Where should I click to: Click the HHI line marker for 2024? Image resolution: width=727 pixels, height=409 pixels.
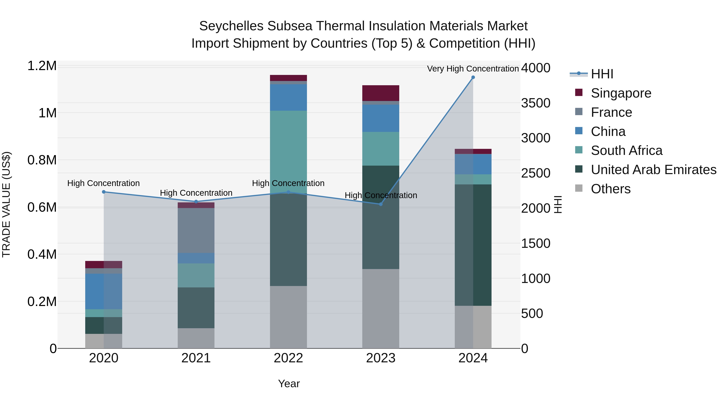pyautogui.click(x=473, y=77)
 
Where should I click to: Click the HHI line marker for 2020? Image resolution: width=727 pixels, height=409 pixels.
pyautogui.click(x=104, y=192)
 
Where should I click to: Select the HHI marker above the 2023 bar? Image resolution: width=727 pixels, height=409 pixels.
pyautogui.click(x=380, y=204)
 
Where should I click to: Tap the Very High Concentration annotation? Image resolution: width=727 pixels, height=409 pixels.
pyautogui.click(x=473, y=69)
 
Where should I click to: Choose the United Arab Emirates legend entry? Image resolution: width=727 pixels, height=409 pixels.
pyautogui.click(x=653, y=170)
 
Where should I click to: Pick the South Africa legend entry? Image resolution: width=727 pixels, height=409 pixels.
pyautogui.click(x=626, y=150)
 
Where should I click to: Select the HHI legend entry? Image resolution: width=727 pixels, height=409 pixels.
pyautogui.click(x=602, y=74)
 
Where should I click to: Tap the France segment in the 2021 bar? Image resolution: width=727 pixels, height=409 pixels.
pyautogui.click(x=196, y=230)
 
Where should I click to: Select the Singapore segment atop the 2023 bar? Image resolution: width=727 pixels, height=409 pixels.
pyautogui.click(x=380, y=93)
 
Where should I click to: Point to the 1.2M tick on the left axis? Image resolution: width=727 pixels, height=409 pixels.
pyautogui.click(x=42, y=66)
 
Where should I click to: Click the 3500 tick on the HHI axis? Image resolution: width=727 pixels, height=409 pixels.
pyautogui.click(x=535, y=103)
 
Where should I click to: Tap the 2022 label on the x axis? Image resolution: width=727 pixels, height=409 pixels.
pyautogui.click(x=288, y=358)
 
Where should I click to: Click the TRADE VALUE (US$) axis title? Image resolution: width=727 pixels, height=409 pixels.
pyautogui.click(x=6, y=204)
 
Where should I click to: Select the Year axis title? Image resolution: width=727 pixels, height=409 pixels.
pyautogui.click(x=289, y=384)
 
